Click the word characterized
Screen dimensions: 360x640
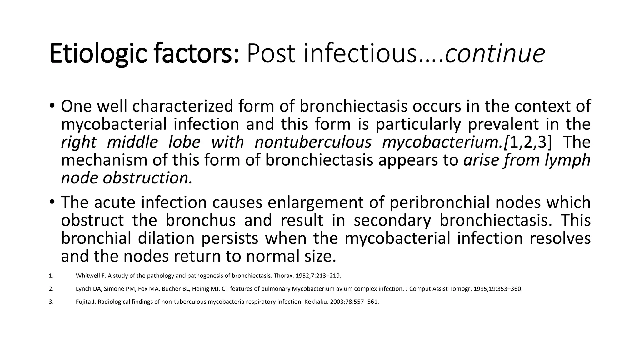tap(182, 106)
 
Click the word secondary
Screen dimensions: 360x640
tap(392, 220)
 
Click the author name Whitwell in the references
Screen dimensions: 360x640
tap(86, 276)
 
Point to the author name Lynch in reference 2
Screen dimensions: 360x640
tap(82, 289)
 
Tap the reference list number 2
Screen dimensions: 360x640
tap(51, 289)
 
